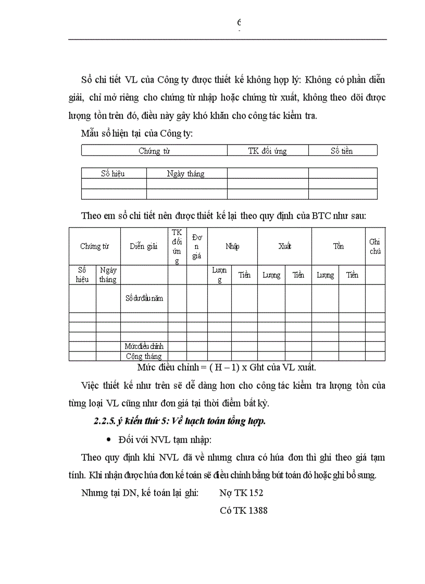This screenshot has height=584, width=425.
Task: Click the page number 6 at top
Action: click(x=239, y=22)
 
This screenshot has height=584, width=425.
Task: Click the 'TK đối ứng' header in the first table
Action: click(x=267, y=151)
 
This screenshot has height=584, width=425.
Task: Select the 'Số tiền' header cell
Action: click(x=342, y=151)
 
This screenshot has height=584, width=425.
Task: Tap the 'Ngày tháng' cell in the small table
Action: click(x=185, y=174)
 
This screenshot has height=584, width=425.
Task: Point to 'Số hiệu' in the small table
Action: click(x=113, y=174)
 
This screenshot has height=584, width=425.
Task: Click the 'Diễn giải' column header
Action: click(x=144, y=246)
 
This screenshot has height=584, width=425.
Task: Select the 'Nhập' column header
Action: click(x=232, y=246)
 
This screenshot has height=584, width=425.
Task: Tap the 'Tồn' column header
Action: click(x=339, y=246)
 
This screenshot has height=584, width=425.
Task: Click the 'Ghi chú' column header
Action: click(x=374, y=246)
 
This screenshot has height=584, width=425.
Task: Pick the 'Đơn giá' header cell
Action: click(x=197, y=246)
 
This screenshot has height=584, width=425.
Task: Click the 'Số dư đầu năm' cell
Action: click(x=144, y=299)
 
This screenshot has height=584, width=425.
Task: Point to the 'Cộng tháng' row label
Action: click(x=144, y=356)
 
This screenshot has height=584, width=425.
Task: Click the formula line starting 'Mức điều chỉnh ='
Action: click(x=227, y=367)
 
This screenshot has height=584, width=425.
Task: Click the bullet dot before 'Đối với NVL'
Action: click(x=108, y=440)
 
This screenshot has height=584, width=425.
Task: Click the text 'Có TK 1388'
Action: click(x=243, y=511)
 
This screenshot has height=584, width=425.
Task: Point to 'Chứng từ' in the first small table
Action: click(x=154, y=151)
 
